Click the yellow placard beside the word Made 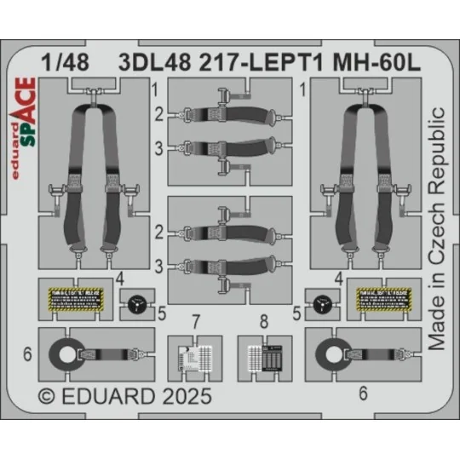coord(382,300)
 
